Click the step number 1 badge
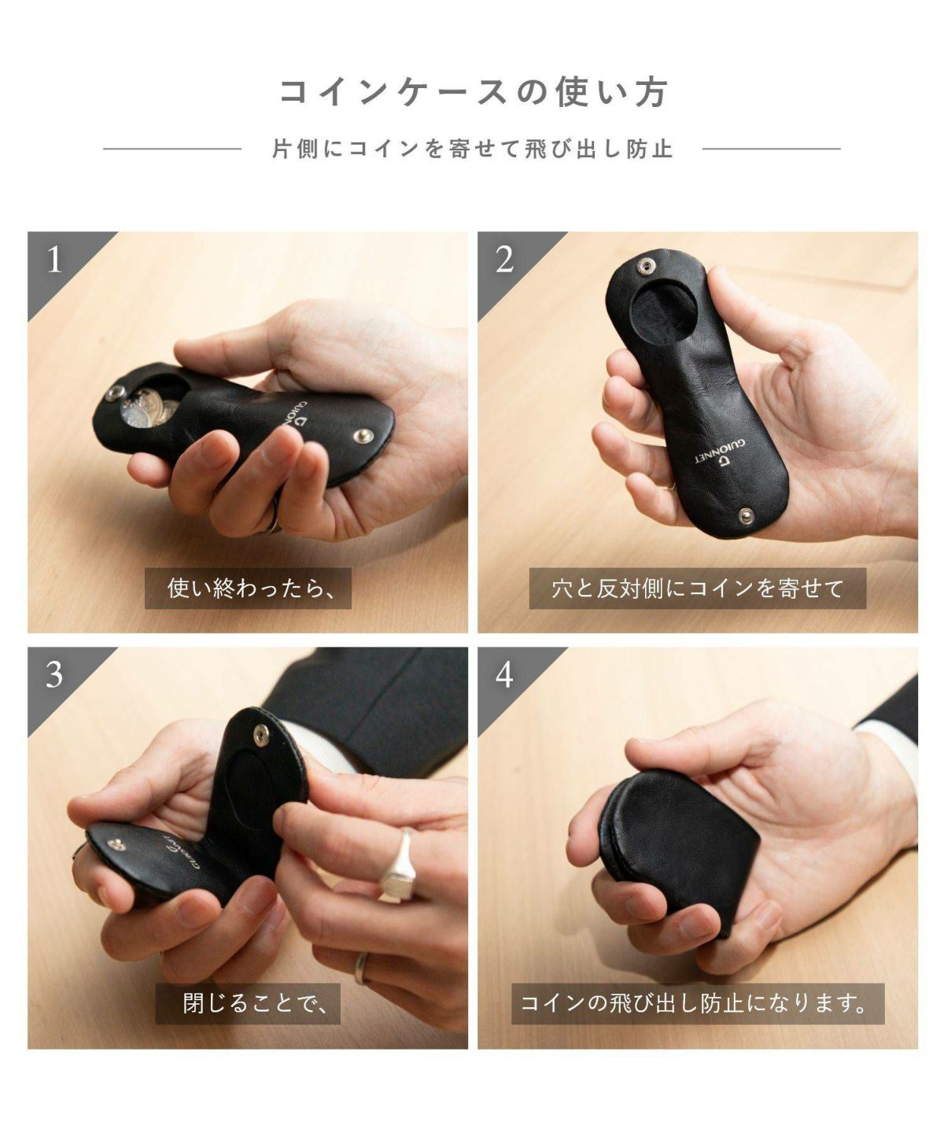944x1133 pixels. tap(54, 260)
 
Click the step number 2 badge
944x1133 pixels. tap(504, 260)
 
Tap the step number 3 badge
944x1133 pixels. tap(54, 676)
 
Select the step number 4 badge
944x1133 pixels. tap(504, 676)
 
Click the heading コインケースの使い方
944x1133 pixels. tap(473, 93)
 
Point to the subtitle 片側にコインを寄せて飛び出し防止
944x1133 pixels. tap(472, 149)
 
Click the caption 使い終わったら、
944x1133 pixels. tap(248, 589)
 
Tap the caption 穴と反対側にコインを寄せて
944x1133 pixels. tap(698, 589)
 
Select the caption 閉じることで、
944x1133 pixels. tap(248, 1004)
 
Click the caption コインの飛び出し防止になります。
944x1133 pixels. tap(698, 1004)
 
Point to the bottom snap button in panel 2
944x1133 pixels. tap(747, 514)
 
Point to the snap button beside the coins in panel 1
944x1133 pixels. tap(113, 394)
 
